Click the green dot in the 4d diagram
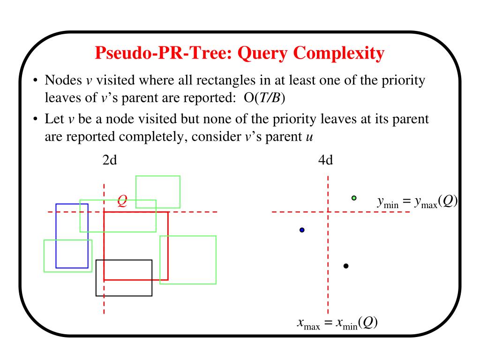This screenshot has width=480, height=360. coord(354,198)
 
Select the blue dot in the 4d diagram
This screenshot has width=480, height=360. coord(302,230)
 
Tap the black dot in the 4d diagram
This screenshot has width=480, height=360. coord(346,266)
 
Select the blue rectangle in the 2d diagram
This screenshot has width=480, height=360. coord(72,236)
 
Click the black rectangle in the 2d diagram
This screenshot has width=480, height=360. coord(124,278)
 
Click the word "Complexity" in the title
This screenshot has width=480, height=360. coord(339,53)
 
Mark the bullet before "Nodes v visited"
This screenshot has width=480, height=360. coord(36,81)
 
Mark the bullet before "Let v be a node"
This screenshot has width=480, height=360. coord(36,120)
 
